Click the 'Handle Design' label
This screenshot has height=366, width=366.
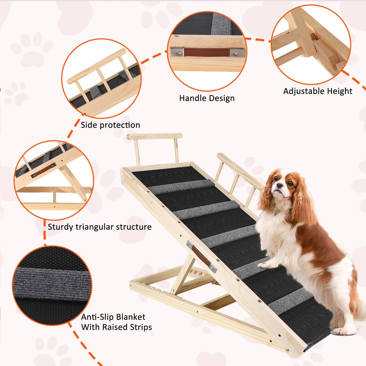[x=207, y=99]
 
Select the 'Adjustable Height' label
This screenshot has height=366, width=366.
[x=318, y=91]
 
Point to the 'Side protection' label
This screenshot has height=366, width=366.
[x=110, y=125]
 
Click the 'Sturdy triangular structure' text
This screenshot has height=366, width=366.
[x=99, y=227]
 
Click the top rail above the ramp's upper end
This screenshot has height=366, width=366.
[x=155, y=136]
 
